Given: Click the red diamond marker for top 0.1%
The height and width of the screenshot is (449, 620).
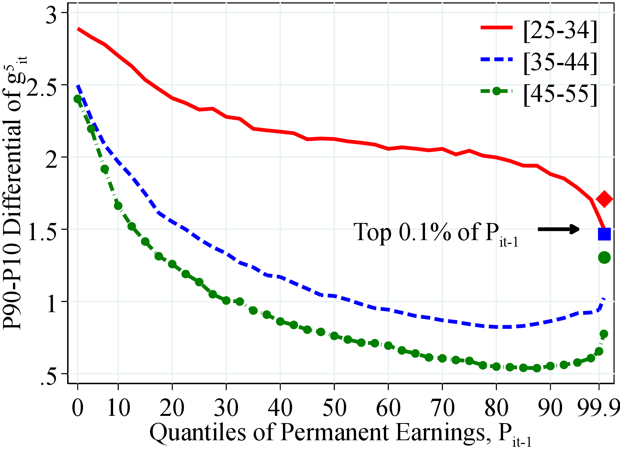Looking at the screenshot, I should click(x=604, y=199).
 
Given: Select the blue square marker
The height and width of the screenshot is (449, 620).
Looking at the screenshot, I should click(x=604, y=234).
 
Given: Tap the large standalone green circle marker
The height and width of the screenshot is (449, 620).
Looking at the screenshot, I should click(x=604, y=258).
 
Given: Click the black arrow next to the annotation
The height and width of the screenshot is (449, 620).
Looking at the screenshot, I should click(x=558, y=229).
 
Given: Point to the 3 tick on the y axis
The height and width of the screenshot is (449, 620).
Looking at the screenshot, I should click(x=53, y=13).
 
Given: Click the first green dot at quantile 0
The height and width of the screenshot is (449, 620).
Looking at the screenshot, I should click(x=78, y=99).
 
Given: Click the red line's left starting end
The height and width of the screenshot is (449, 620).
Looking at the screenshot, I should click(x=78, y=29).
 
